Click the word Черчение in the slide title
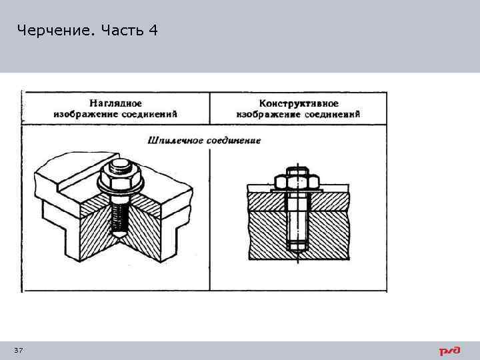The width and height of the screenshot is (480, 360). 55,31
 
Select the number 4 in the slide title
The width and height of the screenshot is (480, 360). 153,31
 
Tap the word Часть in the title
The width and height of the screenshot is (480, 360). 123,31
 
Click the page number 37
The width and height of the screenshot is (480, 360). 18,351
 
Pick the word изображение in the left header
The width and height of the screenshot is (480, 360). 83,114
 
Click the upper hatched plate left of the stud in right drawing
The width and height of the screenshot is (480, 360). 263,201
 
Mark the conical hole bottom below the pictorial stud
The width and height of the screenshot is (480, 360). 118,235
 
